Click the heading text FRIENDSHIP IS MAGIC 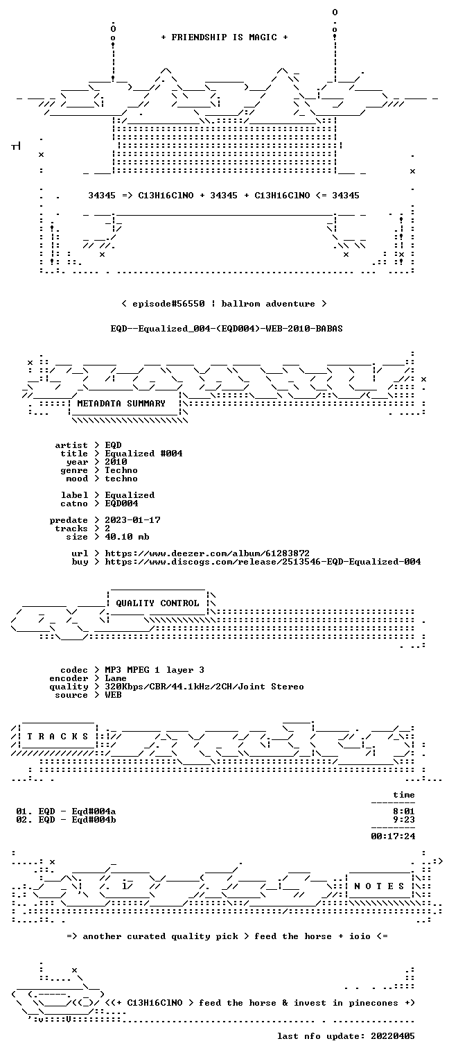224,37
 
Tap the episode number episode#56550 168,304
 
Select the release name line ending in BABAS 227,329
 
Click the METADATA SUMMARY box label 121,404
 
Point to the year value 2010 116,462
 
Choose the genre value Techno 121,470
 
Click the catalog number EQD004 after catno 121,504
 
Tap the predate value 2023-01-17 132,520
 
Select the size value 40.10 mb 127,537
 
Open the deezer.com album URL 207,553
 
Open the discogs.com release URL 263,562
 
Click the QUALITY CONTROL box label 157,603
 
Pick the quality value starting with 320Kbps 204,687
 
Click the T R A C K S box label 58,737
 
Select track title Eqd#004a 94,811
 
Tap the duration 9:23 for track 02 404,820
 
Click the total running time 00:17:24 393,836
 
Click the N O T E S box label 379,886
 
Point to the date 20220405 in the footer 393,1036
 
